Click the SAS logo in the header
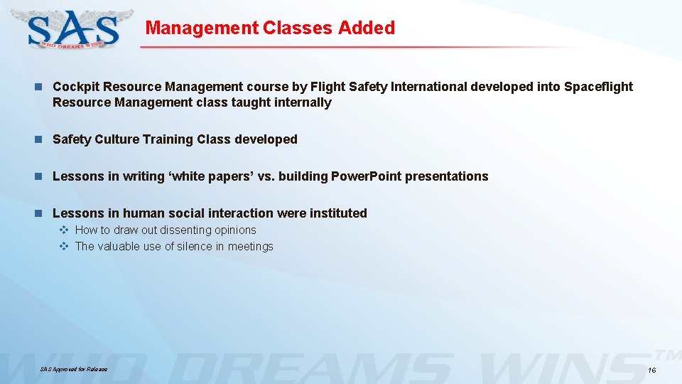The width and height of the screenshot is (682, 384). pos(73,28)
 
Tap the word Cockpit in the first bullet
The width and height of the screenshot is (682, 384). pos(76,87)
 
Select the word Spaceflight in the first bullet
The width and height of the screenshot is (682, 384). pos(598,87)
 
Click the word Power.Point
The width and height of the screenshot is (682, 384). pos(367,176)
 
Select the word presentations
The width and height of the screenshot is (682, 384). pos(448,176)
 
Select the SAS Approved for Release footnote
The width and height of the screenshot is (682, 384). pos(74,369)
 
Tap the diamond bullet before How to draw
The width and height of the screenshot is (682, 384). pos(63,230)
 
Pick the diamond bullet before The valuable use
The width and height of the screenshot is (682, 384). pos(63,247)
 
